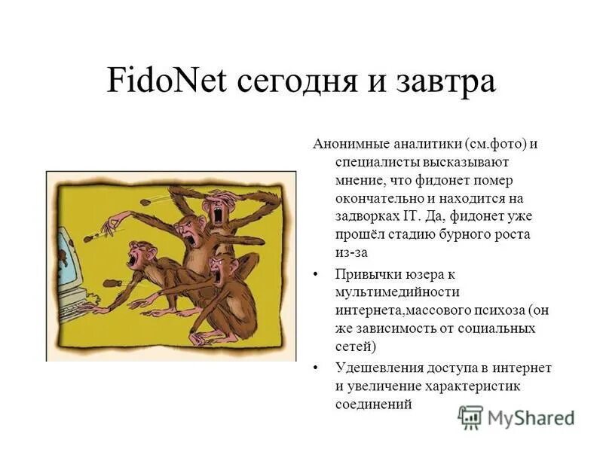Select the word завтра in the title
coord(446,81)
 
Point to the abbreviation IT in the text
coord(402,216)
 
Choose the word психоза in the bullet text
coord(494,310)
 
